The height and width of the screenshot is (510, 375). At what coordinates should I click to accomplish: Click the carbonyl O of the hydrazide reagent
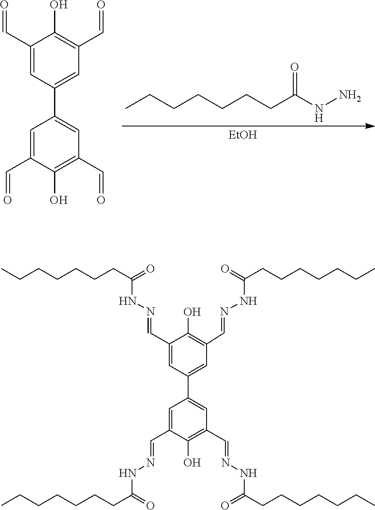coord(295,67)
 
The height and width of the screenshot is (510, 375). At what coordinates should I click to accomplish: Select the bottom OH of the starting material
coord(59,200)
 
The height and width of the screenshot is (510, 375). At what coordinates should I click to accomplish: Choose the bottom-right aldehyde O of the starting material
coord(101,200)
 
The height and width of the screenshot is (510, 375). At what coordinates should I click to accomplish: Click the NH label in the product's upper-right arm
coord(249,301)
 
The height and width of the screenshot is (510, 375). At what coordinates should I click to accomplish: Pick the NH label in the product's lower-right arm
coord(249,474)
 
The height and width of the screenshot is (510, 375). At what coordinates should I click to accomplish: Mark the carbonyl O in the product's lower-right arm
coord(225,506)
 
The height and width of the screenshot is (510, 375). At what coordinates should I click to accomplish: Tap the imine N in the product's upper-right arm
coord(225,312)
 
